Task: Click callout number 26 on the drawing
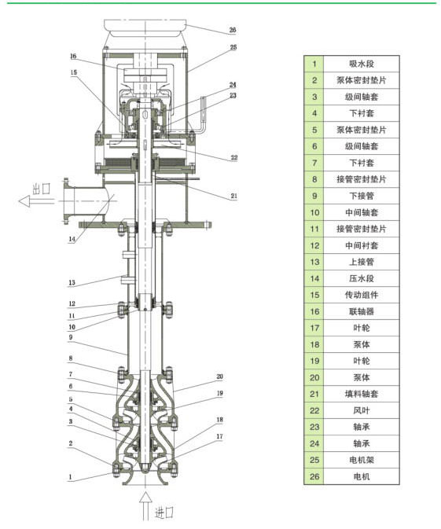233,30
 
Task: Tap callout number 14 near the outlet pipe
72,239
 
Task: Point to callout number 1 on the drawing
70,476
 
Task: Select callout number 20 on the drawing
219,377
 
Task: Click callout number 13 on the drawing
72,282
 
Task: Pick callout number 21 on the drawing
233,196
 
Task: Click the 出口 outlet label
42,189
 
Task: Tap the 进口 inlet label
164,512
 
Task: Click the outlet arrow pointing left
36,201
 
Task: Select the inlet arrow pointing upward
145,505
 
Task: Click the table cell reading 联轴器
362,311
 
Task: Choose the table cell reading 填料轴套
362,394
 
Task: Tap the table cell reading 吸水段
362,64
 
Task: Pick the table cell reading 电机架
362,460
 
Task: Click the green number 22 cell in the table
314,410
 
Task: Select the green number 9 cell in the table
314,196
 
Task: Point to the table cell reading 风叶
362,410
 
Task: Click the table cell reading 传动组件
362,295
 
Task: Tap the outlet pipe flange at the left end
66,200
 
